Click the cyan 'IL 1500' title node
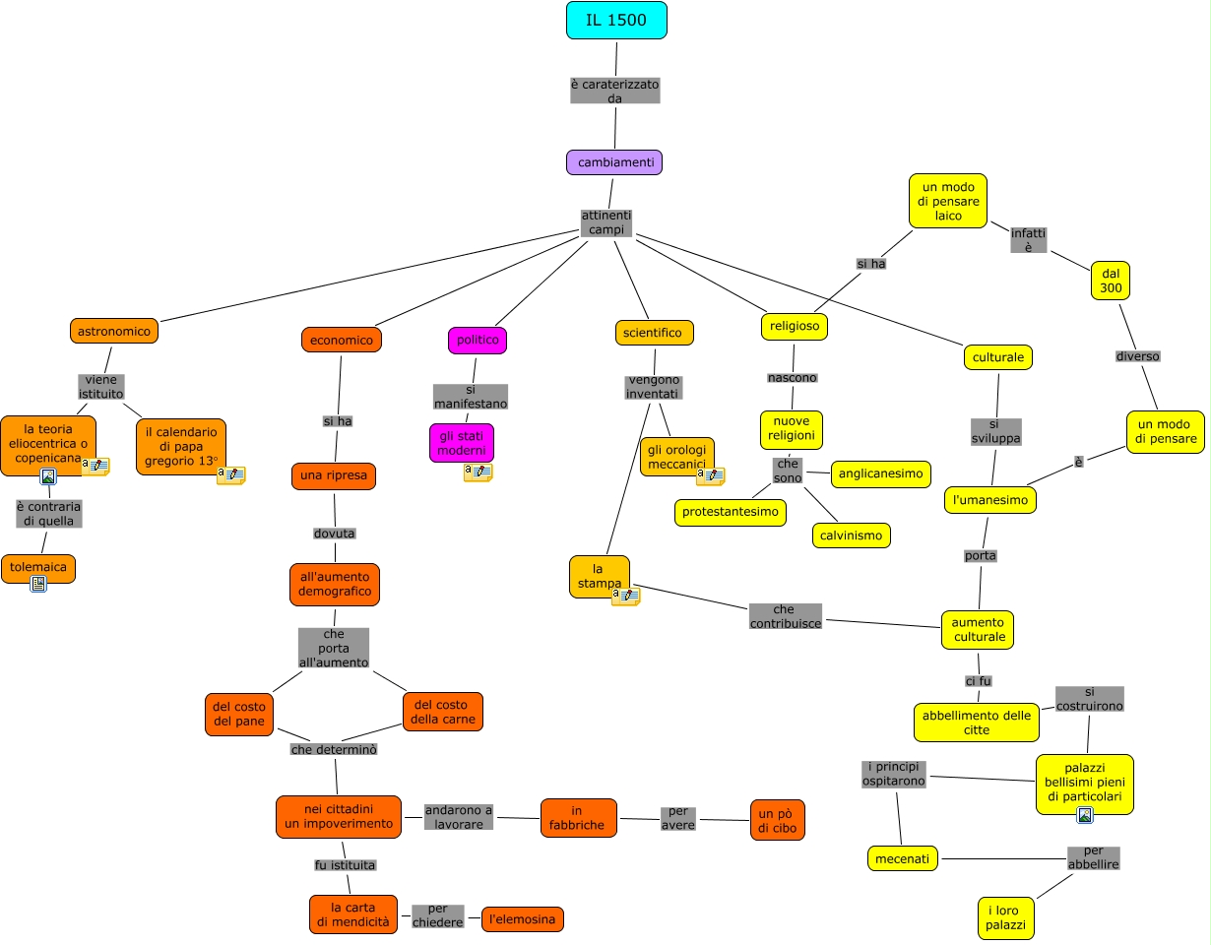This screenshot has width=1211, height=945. (x=616, y=20)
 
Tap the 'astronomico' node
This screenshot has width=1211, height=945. (x=114, y=331)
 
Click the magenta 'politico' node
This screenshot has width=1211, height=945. (x=478, y=340)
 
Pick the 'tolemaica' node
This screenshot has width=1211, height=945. (x=38, y=567)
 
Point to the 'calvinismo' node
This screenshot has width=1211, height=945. (x=851, y=535)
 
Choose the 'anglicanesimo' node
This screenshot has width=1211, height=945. (x=880, y=473)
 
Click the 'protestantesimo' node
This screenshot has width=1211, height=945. (x=731, y=512)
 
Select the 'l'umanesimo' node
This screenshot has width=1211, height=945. (x=989, y=500)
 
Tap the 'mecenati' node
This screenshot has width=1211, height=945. (x=902, y=857)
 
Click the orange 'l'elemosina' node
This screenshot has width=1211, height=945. (x=522, y=919)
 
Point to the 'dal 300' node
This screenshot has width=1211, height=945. (x=1111, y=280)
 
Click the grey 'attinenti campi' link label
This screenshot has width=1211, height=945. (x=606, y=222)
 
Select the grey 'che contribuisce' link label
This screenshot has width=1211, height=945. (x=785, y=616)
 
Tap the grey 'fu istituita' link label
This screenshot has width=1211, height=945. (x=346, y=864)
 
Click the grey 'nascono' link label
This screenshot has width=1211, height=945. (x=793, y=377)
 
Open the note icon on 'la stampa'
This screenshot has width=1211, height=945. (x=625, y=596)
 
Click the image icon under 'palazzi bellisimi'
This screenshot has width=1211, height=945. (x=1084, y=814)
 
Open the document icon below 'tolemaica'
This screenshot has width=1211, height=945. (x=38, y=585)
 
